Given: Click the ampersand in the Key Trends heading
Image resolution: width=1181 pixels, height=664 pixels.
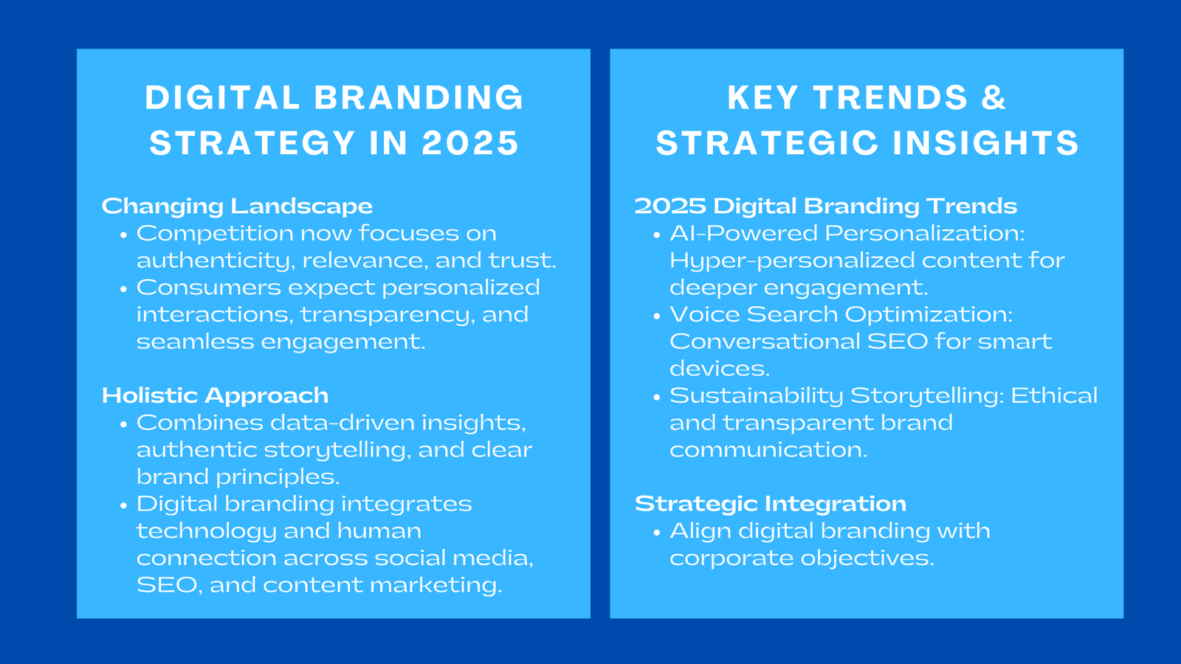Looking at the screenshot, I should (x=994, y=98).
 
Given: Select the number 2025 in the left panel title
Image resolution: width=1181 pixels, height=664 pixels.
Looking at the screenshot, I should (x=470, y=143).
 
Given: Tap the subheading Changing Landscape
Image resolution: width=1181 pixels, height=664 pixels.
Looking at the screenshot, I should (x=237, y=206).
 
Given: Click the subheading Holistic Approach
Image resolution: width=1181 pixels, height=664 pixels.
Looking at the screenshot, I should (x=215, y=395).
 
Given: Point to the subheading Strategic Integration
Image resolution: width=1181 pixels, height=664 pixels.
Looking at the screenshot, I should (x=770, y=504).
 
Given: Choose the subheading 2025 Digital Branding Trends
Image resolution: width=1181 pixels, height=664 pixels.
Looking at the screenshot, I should (x=825, y=206).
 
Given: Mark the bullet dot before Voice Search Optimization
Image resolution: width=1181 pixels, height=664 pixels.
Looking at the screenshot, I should (x=656, y=316).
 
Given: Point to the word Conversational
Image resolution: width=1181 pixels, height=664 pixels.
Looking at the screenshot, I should (x=764, y=342).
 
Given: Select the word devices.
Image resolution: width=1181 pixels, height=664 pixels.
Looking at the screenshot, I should (x=718, y=369).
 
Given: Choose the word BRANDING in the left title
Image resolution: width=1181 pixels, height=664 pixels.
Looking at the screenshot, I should (x=419, y=98).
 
